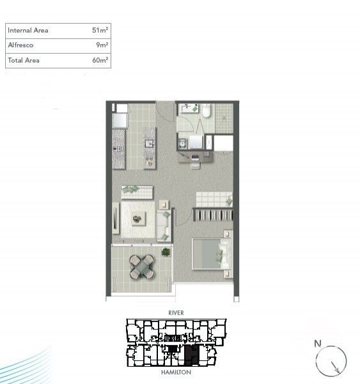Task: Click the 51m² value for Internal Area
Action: pos(100,30)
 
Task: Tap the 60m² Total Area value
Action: pos(100,60)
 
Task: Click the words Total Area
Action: pos(24,60)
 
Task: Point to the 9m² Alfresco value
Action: pos(102,45)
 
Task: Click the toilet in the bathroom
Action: pos(206,113)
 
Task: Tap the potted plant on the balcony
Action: pos(166,252)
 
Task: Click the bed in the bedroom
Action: pos(208,254)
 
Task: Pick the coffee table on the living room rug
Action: pos(138,220)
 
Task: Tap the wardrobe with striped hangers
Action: pos(214,215)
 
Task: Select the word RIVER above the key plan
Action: pos(176,312)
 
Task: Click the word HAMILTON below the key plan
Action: pos(176,371)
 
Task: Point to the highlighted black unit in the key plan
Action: pos(189,351)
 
